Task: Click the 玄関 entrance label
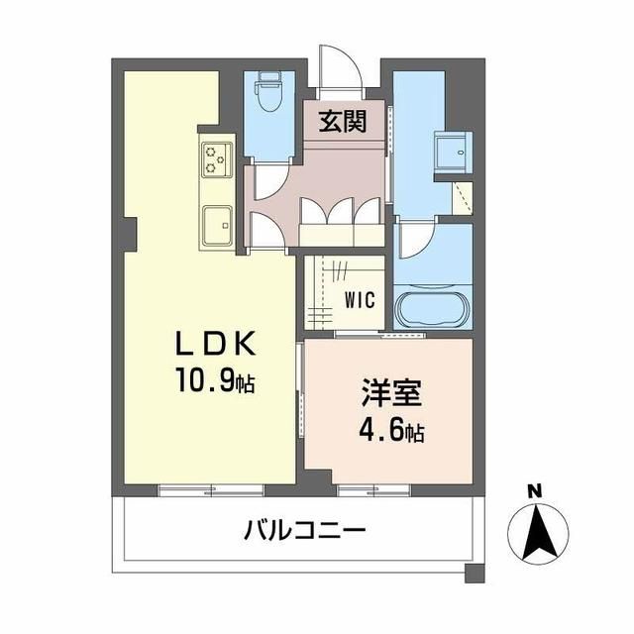coord(343,122)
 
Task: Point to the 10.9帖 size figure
coord(217,381)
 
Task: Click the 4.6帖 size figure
coord(391,432)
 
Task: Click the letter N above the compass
coord(534,490)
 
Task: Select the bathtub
coord(434,307)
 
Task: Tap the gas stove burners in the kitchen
coord(217,158)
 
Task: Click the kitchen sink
coord(216,227)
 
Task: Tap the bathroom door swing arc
coord(415,241)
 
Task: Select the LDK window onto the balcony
coord(211,488)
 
